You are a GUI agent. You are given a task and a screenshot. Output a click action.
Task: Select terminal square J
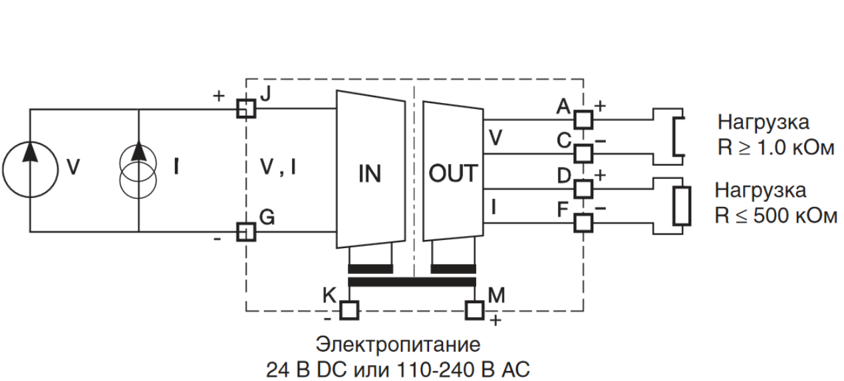246,108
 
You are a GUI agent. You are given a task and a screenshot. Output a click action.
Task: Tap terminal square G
246,231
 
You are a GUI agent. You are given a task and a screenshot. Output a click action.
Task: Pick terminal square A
583,119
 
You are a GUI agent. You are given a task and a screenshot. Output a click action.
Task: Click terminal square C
583,153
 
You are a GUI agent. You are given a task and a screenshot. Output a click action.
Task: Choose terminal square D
583,188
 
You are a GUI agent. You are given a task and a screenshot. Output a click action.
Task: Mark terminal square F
583,222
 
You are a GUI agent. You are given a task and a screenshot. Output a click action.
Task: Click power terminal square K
349,310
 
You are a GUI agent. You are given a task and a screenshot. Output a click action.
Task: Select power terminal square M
475,310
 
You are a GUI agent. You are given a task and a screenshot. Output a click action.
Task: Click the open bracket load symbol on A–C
678,136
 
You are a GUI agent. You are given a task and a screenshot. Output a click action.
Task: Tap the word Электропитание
398,346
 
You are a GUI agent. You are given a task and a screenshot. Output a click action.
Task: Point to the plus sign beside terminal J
219,96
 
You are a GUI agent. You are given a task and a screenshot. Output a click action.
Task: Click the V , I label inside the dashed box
278,169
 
